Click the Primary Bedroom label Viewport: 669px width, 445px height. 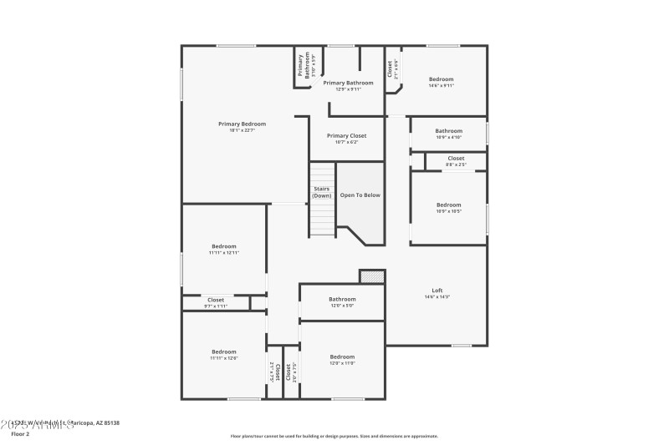(242, 124)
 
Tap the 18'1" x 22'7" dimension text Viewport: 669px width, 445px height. (242, 130)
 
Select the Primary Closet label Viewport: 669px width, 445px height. (346, 135)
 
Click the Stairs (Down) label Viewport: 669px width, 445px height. (322, 192)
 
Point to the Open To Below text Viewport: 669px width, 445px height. (360, 195)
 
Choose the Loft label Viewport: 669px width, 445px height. (437, 290)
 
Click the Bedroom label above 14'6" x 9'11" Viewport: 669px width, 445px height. (441, 79)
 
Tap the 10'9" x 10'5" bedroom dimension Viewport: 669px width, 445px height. (448, 211)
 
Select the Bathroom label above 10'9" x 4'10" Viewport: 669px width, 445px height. (448, 130)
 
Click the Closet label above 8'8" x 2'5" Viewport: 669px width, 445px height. (456, 158)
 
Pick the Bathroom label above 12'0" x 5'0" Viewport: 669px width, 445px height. (342, 299)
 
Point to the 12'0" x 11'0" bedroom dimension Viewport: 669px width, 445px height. (342, 363)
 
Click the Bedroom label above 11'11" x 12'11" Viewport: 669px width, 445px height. (224, 245)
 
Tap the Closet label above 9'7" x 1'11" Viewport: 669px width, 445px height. (216, 299)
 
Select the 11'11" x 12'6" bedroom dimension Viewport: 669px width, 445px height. (224, 358)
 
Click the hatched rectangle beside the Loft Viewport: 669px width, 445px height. (371, 276)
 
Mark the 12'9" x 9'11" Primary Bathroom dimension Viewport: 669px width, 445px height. (348, 89)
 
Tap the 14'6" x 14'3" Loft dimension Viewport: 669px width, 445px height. (437, 296)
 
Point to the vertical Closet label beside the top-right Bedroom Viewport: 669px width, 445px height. (390, 67)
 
